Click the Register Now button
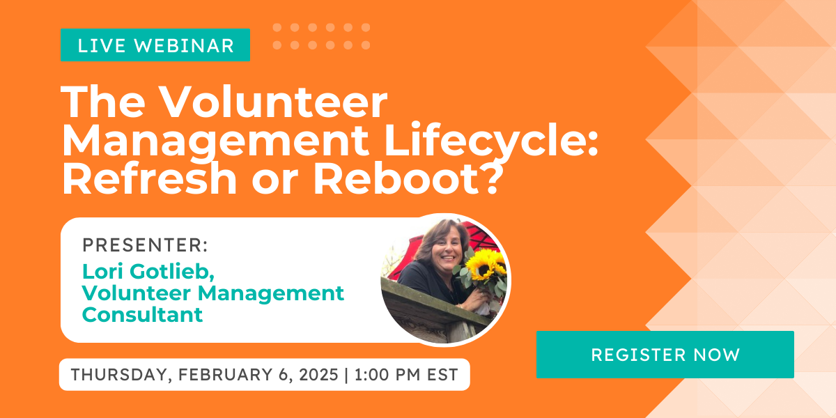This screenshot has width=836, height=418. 665,355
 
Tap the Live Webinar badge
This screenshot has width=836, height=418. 155,45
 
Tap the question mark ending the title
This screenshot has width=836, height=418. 490,180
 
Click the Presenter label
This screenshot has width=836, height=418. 145,245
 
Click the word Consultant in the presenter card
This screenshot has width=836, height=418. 142,314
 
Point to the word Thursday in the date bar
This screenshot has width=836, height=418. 118,374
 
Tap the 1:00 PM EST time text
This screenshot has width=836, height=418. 406,374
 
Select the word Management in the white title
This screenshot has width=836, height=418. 212,142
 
